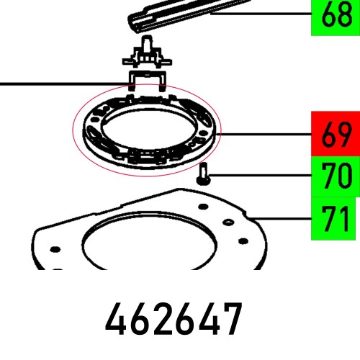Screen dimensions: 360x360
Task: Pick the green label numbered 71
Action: pos(335,218)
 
